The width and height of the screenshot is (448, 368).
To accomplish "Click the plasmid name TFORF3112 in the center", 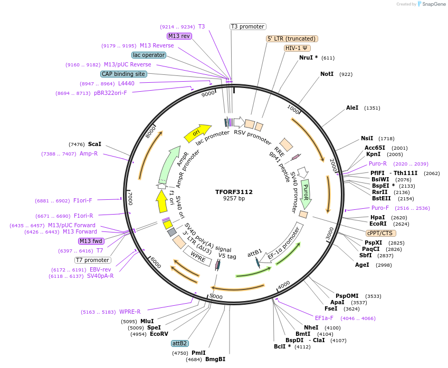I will click(234, 192).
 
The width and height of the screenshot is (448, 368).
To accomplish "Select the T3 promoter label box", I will click(248, 26).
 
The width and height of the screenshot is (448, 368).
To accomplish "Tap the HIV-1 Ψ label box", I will click(297, 48).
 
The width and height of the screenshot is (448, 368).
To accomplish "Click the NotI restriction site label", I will click(327, 74).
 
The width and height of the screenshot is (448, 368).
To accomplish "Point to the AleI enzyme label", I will click(352, 108).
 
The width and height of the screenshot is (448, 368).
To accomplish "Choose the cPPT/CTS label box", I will click(380, 233).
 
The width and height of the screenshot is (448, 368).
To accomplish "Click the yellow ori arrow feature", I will click(197, 133).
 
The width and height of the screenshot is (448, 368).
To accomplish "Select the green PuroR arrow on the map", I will click(306, 193).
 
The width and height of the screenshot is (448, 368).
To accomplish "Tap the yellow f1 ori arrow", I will click(161, 201).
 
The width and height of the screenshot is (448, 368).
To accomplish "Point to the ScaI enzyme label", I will click(94, 144).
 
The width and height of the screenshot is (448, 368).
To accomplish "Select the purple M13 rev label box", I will click(179, 36).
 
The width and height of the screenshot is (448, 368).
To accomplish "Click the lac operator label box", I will click(148, 55).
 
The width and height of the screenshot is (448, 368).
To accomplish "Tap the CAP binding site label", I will click(123, 74).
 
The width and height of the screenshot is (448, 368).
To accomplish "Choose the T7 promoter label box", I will click(93, 260).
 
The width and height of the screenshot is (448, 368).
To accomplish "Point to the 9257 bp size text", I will click(234, 199).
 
